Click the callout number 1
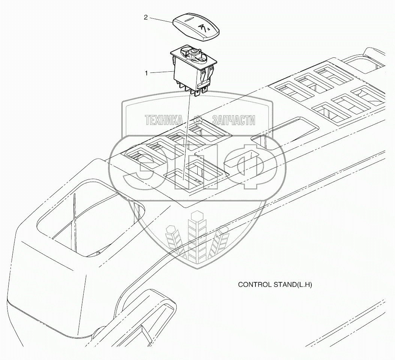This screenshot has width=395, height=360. click(x=147, y=73)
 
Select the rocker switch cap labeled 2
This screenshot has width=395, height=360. click(x=196, y=27)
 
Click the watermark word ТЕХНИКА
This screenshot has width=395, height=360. click(x=164, y=120)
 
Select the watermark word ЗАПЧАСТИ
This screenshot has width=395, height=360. click(x=234, y=120)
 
